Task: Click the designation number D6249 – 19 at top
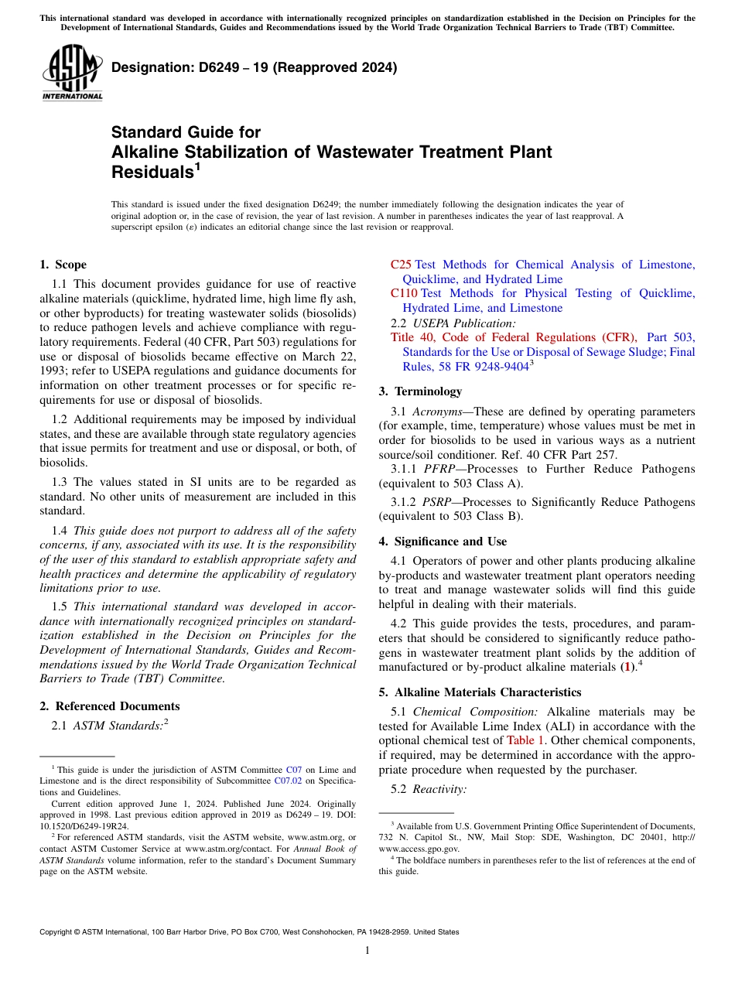[x=255, y=68]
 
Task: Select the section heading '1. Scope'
[x=63, y=265]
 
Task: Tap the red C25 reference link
[x=401, y=265]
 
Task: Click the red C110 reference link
[x=404, y=293]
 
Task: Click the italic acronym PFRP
[x=439, y=469]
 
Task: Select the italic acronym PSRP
[x=438, y=502]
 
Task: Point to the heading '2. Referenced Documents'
[x=110, y=706]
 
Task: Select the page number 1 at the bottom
[x=367, y=950]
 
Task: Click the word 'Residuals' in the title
[x=152, y=172]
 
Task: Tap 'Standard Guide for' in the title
[x=186, y=132]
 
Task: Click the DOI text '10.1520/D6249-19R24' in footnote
[x=84, y=825]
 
